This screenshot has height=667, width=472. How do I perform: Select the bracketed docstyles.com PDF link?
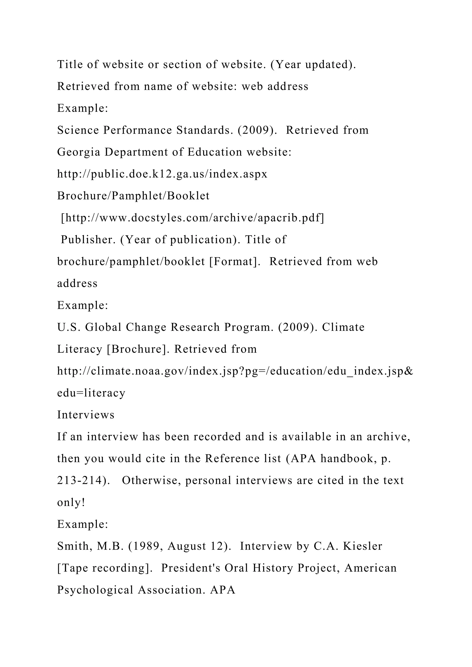192,218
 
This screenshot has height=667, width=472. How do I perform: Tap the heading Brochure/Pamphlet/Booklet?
133,196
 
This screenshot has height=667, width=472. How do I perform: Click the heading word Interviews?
86,415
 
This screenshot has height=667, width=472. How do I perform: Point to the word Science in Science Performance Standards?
78,130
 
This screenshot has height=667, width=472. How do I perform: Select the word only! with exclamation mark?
71,503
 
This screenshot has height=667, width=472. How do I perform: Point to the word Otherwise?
151,480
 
